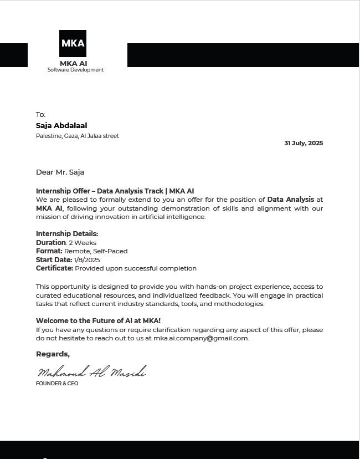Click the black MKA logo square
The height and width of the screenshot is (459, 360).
(73, 43)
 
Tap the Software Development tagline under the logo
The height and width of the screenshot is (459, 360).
(75, 70)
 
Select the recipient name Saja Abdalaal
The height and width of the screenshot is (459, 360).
(61, 126)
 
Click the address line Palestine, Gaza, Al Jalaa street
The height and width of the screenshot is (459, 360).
(78, 136)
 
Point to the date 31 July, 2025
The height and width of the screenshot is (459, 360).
(304, 143)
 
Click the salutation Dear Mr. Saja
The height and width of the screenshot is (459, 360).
(60, 172)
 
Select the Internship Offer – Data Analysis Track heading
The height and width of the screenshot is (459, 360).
(115, 191)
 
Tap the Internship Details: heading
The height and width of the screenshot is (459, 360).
(67, 234)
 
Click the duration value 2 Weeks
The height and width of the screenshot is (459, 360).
(83, 243)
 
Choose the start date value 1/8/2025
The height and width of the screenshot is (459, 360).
(87, 259)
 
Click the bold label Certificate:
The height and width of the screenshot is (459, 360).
(54, 268)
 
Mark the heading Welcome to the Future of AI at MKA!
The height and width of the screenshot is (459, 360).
(98, 321)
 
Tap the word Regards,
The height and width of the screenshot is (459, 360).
(53, 354)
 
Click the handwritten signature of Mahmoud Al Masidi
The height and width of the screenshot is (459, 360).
(91, 372)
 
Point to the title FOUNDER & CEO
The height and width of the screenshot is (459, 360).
(57, 384)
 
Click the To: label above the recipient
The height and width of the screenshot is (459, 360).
(40, 115)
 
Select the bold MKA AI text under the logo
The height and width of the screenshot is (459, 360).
(73, 63)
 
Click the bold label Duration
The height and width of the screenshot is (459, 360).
(51, 243)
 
